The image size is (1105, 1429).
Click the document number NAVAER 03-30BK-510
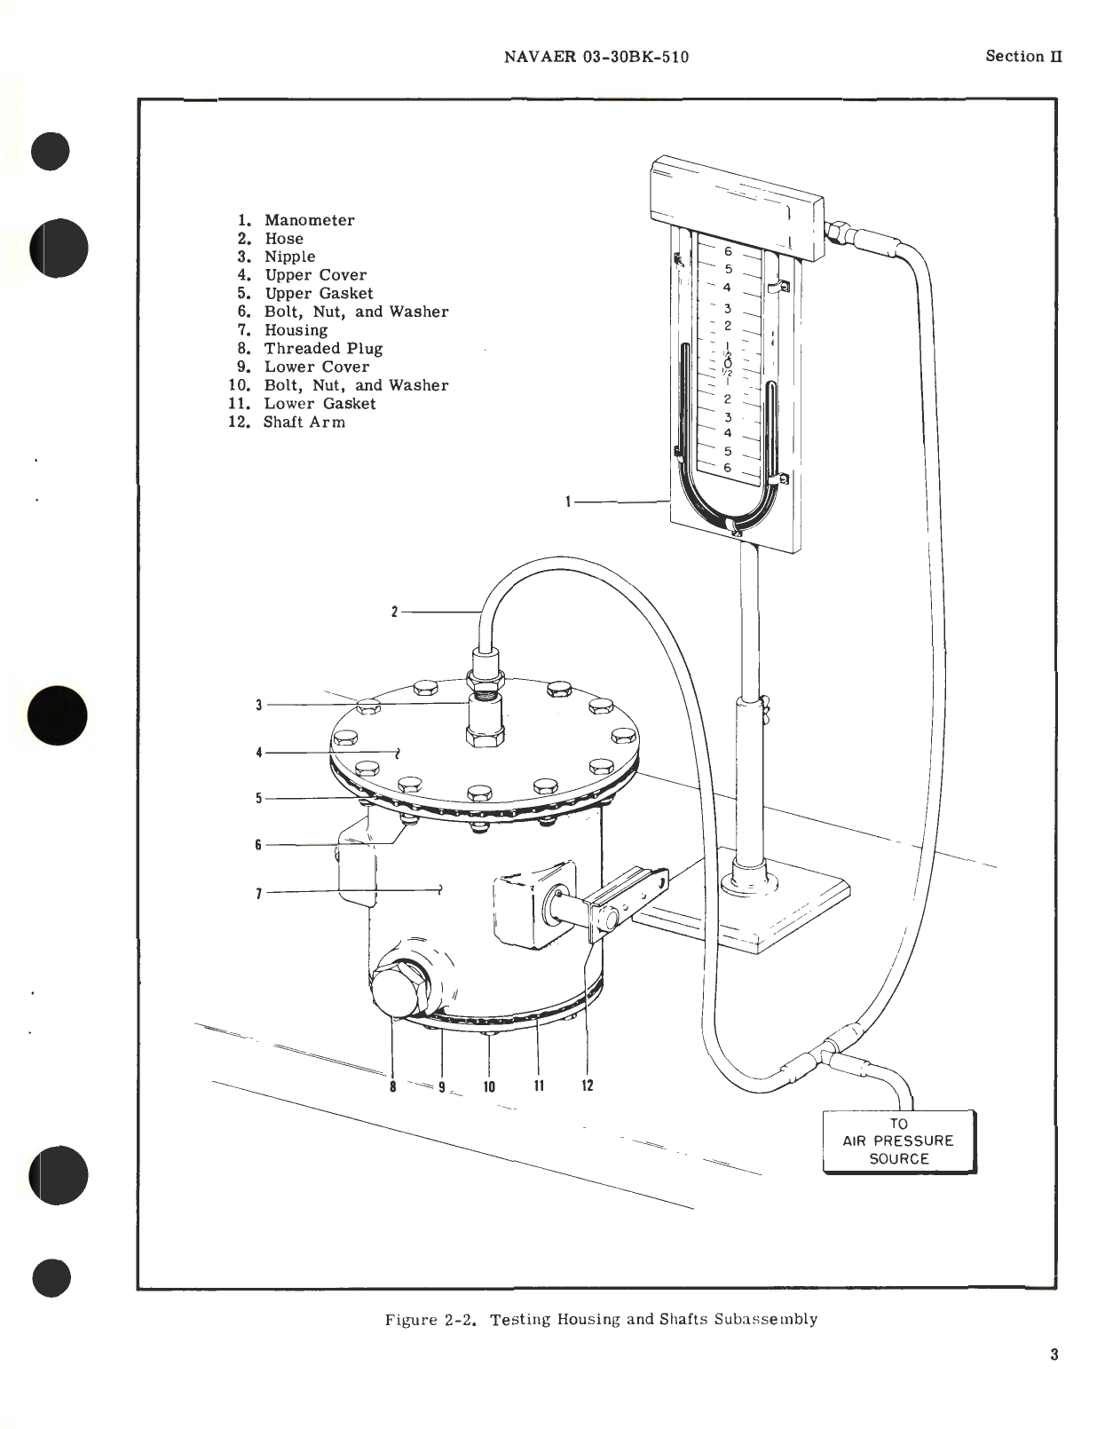tap(596, 58)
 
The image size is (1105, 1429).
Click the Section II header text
tap(1023, 56)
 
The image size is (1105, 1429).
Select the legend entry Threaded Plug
tap(323, 349)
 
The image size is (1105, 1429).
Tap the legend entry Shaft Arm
tap(304, 422)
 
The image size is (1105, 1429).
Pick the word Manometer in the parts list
tap(309, 220)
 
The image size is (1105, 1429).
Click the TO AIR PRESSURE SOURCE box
tap(899, 1141)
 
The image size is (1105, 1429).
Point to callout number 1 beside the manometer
tap(568, 502)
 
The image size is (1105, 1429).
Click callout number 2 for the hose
tap(394, 612)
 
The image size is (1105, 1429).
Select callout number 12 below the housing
tap(587, 1086)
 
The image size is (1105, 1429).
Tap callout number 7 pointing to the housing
tap(259, 893)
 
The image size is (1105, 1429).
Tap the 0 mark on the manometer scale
tap(727, 363)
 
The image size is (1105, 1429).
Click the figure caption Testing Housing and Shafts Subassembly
tap(601, 1319)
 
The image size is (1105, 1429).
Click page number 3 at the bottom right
tap(1054, 1354)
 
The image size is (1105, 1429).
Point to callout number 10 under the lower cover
tap(489, 1086)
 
